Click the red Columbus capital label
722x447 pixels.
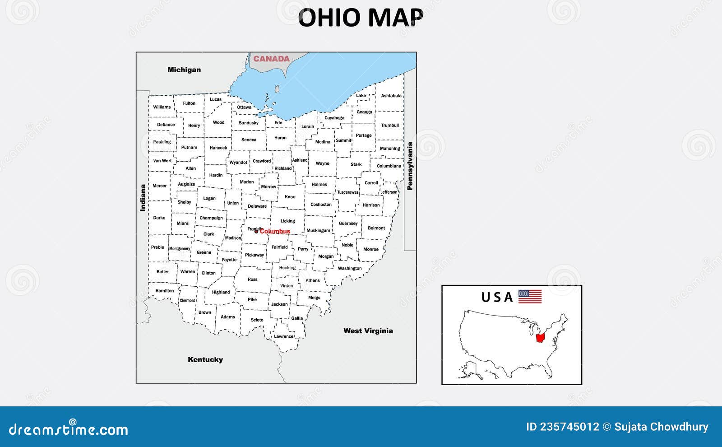click(275, 232)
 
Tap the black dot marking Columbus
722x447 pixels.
click(256, 232)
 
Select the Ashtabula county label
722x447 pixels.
click(391, 96)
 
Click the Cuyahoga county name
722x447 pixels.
click(334, 118)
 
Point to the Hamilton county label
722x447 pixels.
click(164, 291)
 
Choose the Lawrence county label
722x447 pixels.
click(283, 336)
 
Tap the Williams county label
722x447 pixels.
click(162, 107)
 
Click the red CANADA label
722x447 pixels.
click(271, 59)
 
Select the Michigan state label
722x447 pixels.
click(184, 70)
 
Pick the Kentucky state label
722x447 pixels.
click(205, 359)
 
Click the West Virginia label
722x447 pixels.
click(368, 331)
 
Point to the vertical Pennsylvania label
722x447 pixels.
click(410, 166)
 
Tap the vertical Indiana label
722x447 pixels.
click(143, 198)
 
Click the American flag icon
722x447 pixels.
click(530, 296)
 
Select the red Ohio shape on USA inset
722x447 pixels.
click(540, 337)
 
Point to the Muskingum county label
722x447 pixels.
click(318, 230)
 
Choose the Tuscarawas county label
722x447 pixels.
click(347, 192)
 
